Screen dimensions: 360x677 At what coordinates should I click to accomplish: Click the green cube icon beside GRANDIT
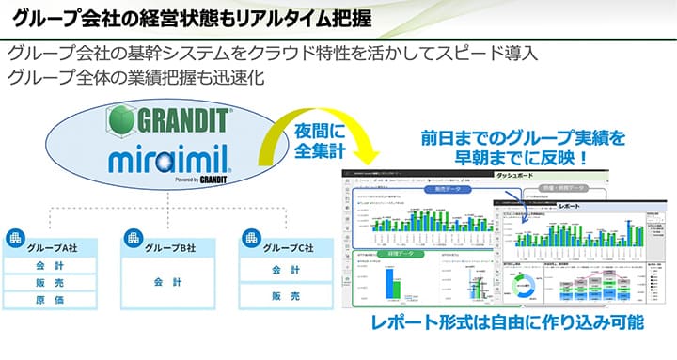(119, 121)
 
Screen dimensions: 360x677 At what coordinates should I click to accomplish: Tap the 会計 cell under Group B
(165, 281)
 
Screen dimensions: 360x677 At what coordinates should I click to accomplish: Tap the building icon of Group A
(16, 237)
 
